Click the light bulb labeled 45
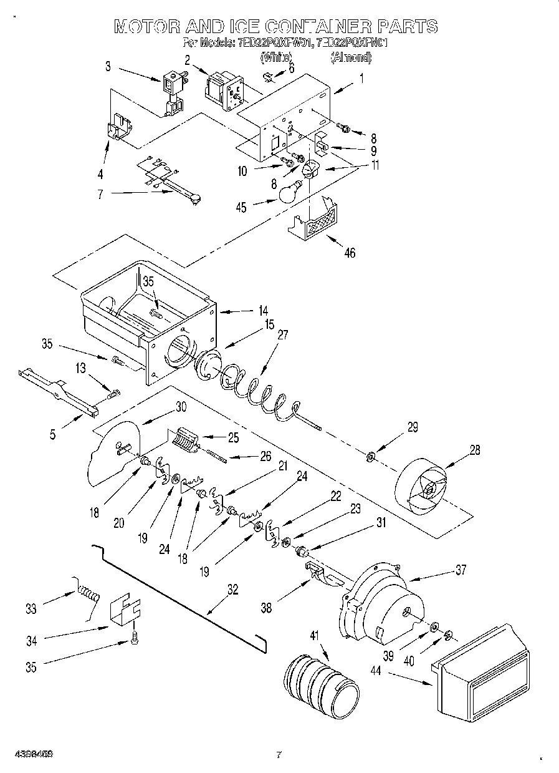[288, 193]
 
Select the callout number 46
[350, 253]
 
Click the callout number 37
[461, 570]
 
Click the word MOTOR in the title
[147, 26]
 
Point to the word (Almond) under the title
[351, 58]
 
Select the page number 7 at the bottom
[279, 754]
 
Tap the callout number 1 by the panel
[361, 79]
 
